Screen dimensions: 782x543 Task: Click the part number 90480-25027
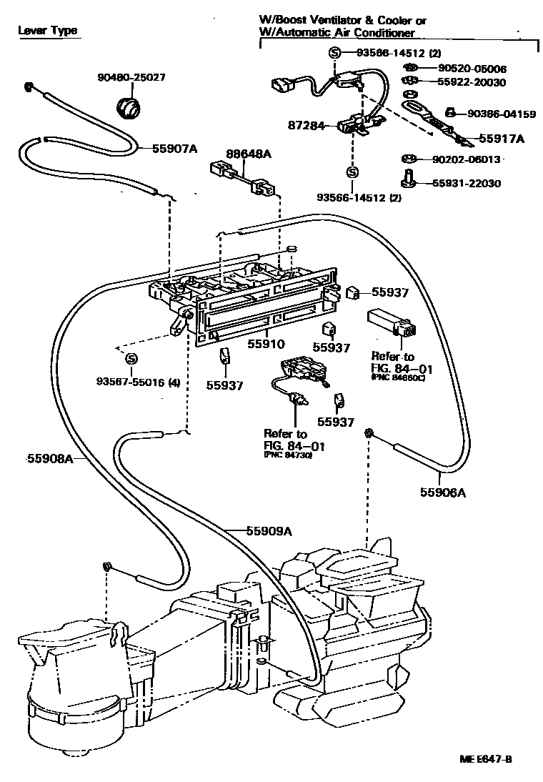pos(131,77)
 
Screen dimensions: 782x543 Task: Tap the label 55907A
pos(174,149)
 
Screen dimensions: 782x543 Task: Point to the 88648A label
pos(229,154)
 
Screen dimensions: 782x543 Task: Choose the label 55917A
pos(501,139)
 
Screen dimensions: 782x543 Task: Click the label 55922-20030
pos(472,82)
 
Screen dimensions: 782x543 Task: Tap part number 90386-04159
pos(502,114)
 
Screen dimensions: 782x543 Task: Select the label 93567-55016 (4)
pos(138,382)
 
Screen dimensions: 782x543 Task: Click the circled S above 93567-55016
pos(131,359)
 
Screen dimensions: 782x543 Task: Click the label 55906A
pos(443,492)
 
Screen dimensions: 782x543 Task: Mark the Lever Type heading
pos(47,31)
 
